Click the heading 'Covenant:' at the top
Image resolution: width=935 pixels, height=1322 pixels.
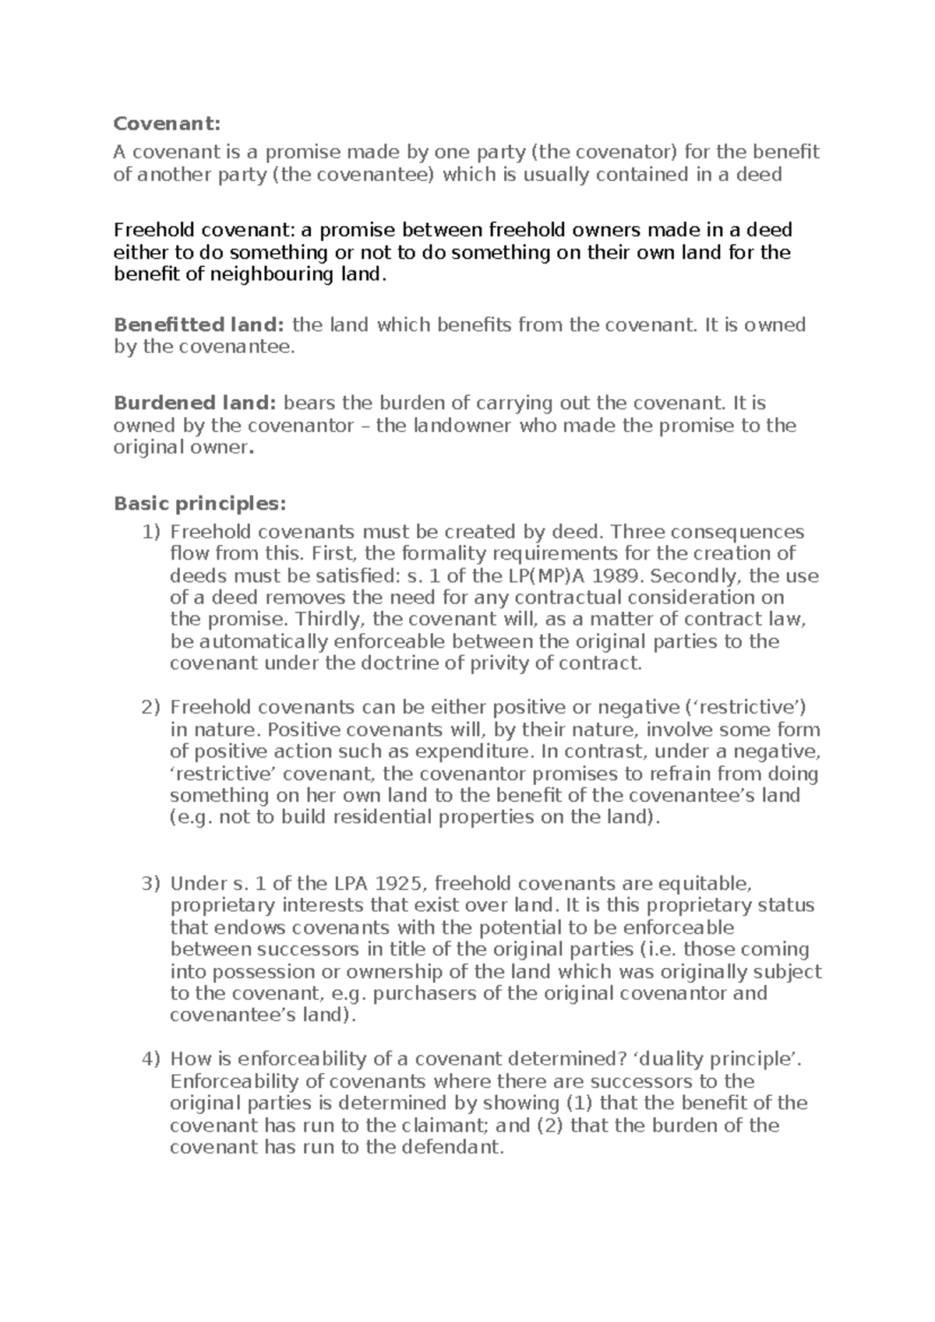point(168,124)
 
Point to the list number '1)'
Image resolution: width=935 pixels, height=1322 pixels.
point(150,532)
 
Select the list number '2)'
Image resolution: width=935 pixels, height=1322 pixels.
point(150,708)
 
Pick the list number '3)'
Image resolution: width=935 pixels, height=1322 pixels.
point(150,884)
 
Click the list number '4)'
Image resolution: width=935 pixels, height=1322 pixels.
point(150,1059)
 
